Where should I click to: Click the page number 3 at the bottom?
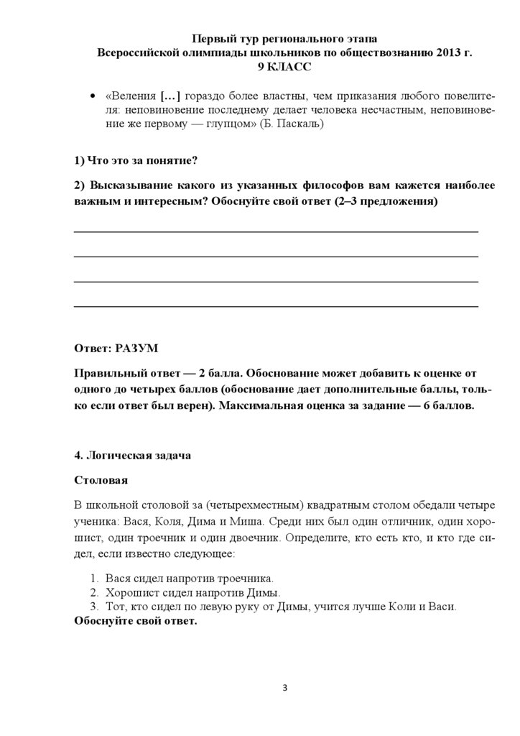point(284,689)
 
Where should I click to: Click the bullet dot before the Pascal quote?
point(91,97)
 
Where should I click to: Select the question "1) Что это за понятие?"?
point(136,159)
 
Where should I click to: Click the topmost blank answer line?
point(277,231)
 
